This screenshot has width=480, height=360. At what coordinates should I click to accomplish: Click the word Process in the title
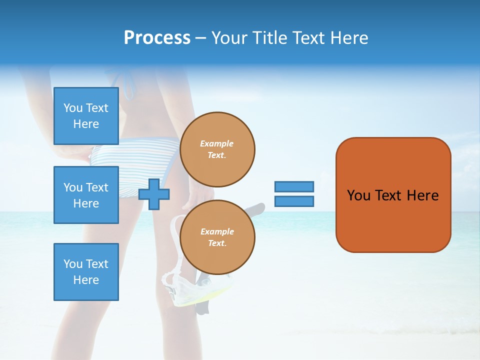point(157,38)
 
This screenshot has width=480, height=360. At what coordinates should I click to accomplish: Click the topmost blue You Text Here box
point(86,116)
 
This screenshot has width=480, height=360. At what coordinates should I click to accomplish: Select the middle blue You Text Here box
point(86,195)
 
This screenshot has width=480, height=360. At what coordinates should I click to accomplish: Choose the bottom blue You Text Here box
point(86,272)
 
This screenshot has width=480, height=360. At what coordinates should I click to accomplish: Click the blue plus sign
point(154,194)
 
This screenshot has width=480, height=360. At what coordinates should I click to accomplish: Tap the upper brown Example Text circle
point(217,149)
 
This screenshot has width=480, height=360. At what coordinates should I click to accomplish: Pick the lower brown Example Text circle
point(217,237)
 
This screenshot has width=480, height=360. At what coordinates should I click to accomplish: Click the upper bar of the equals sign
point(294,186)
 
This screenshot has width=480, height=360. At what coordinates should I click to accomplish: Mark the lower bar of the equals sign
point(294,201)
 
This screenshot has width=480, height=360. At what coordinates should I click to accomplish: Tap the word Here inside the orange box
point(422,195)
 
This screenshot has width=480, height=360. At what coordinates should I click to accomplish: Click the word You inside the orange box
point(358,195)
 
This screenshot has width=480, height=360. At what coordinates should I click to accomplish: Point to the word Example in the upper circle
point(217,143)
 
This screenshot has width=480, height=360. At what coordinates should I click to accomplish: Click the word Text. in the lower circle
point(217,243)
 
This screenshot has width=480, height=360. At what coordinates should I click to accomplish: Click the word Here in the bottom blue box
point(86,280)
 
